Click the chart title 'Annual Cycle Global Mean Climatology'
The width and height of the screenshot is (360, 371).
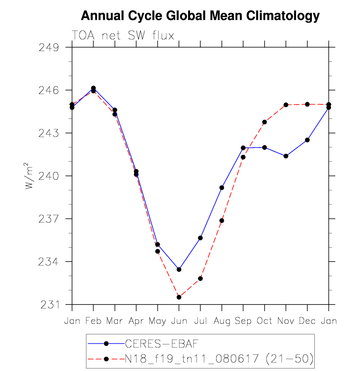click(x=200, y=16)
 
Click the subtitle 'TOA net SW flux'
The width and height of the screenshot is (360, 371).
click(x=123, y=35)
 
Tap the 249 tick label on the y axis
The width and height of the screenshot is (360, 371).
click(x=48, y=48)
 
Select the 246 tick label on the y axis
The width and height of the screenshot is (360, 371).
click(x=48, y=90)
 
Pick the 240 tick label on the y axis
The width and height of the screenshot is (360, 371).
click(x=48, y=176)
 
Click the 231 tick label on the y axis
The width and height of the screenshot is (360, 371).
click(x=48, y=304)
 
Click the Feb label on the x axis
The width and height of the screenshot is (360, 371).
click(x=93, y=320)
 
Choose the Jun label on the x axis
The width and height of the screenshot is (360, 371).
click(x=179, y=320)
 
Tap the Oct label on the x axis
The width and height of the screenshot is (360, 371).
click(x=264, y=320)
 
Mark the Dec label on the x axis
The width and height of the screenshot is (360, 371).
click(x=307, y=320)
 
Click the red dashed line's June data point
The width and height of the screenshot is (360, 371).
click(x=179, y=297)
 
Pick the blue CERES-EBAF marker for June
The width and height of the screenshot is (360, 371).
click(x=179, y=269)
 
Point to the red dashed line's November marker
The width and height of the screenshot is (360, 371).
click(x=286, y=105)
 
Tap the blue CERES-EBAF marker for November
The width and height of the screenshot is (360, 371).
click(x=286, y=156)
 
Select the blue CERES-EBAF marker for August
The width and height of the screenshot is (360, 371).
click(x=222, y=188)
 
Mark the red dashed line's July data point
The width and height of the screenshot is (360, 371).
click(x=200, y=279)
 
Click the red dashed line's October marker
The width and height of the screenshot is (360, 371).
click(x=264, y=122)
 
